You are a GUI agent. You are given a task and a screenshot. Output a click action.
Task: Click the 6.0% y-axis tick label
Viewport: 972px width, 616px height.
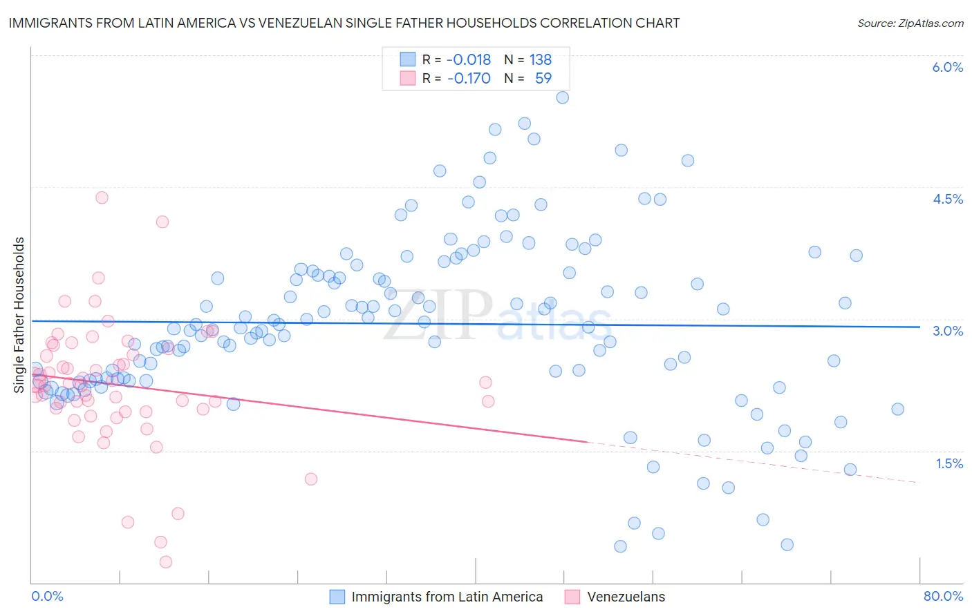(x=947, y=68)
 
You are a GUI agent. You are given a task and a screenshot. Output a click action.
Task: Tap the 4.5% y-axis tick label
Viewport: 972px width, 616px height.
(x=947, y=200)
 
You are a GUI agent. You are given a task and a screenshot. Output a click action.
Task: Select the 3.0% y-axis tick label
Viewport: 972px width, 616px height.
(x=947, y=331)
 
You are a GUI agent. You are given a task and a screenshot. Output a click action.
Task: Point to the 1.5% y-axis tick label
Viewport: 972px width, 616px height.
(x=949, y=464)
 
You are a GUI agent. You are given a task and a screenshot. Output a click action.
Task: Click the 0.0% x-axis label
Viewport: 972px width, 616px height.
(x=47, y=597)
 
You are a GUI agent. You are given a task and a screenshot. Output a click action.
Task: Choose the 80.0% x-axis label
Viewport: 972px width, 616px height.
(x=943, y=597)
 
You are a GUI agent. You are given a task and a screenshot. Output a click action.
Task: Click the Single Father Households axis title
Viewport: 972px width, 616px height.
(x=19, y=315)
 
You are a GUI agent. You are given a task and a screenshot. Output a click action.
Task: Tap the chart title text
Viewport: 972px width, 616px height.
(x=344, y=23)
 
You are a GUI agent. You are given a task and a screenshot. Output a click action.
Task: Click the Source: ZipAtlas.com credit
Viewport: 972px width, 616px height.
(x=910, y=23)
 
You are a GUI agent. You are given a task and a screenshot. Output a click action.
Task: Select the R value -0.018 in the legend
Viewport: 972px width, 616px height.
(x=469, y=60)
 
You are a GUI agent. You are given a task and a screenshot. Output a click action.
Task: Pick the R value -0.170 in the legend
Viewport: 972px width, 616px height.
(x=469, y=79)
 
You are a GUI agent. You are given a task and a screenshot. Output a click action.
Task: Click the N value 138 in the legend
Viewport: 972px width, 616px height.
(x=540, y=60)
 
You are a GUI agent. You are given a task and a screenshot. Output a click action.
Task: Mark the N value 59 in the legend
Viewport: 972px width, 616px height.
(x=543, y=79)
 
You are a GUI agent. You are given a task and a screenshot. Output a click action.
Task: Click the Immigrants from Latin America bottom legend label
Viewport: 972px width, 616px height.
(x=447, y=597)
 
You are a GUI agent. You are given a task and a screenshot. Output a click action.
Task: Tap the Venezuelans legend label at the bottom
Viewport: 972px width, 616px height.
(x=626, y=597)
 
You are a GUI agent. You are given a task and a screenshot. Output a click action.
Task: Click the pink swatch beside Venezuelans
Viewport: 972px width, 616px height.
(x=572, y=597)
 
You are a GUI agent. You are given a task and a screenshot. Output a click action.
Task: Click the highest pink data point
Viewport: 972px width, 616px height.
(x=102, y=198)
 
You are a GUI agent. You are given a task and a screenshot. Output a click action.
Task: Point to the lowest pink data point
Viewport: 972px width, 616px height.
(x=166, y=562)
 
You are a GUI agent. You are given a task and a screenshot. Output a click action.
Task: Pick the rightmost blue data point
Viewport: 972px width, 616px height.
(x=897, y=410)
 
